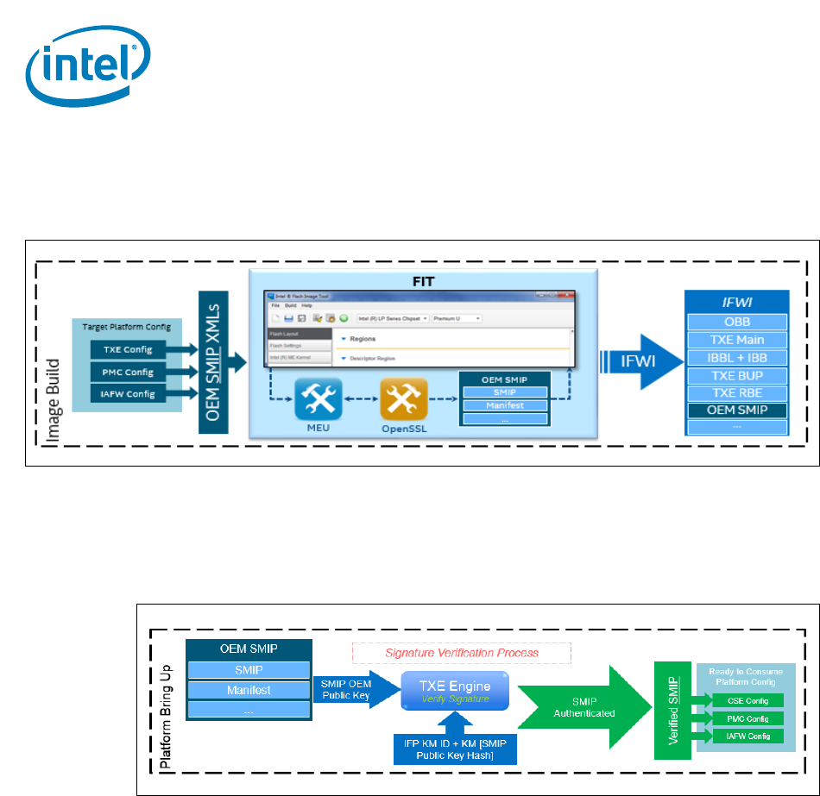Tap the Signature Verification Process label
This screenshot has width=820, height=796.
click(x=461, y=653)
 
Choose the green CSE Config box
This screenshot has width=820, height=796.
click(x=740, y=699)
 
